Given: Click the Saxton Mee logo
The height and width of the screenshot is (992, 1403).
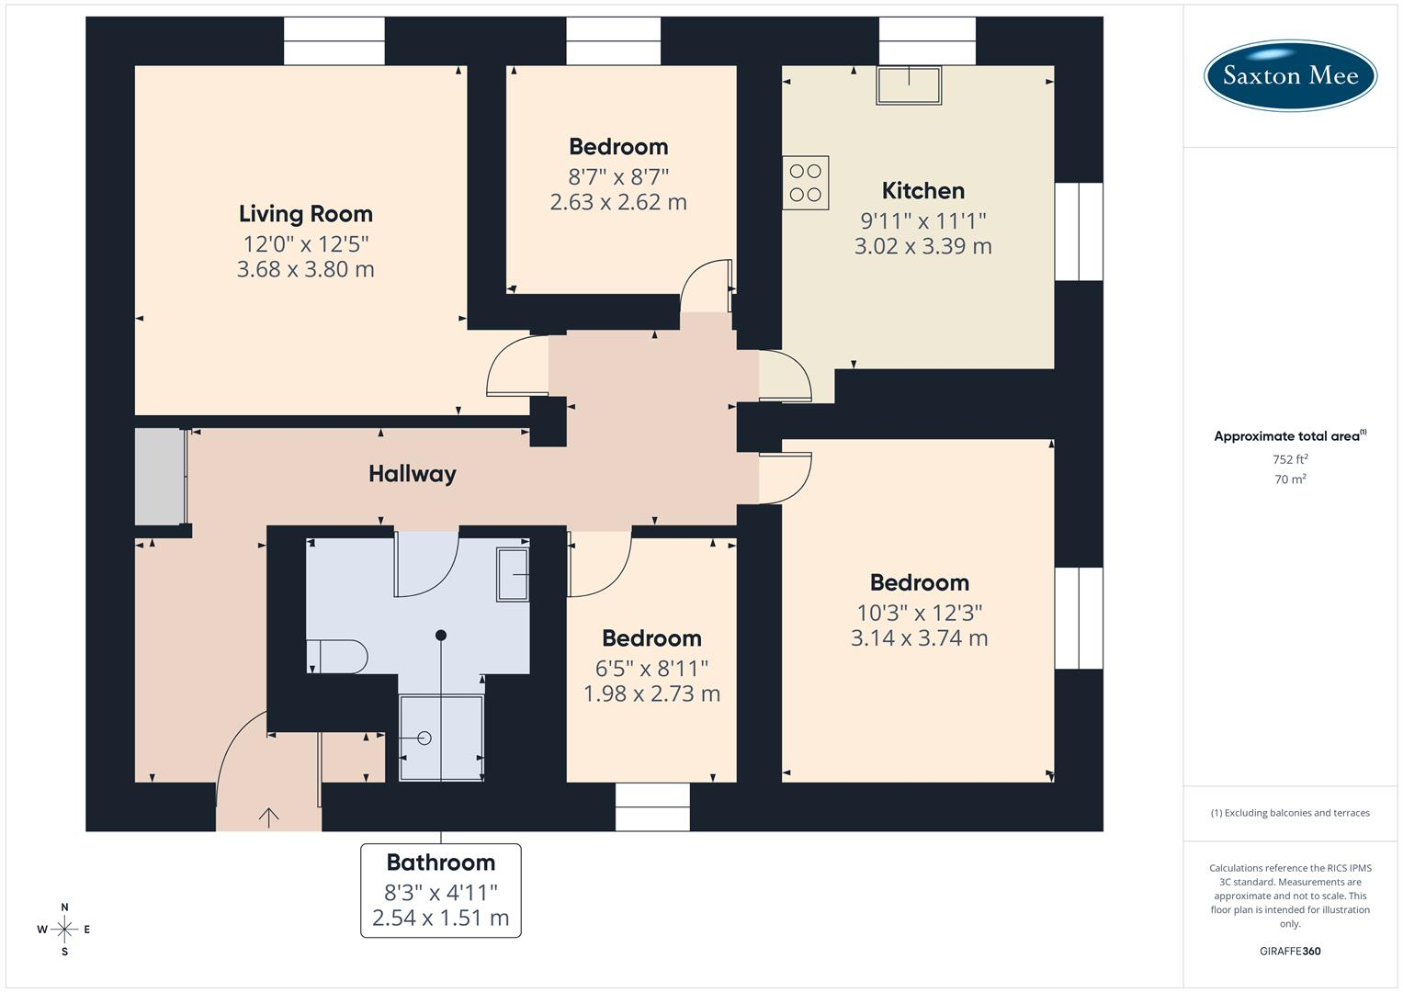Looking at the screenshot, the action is point(1290,75).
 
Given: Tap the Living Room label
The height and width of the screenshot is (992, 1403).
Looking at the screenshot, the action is point(306,214).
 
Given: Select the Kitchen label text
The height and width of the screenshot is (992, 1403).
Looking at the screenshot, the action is point(922,191).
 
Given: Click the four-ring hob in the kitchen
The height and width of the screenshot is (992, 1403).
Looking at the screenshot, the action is point(806,183).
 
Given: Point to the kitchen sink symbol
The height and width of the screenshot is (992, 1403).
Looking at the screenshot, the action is point(909,85).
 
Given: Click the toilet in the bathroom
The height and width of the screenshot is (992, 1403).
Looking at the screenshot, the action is point(337,657).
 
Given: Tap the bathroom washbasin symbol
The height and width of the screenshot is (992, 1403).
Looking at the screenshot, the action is point(513,574).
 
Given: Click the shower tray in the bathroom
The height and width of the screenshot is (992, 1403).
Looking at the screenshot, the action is point(442,738).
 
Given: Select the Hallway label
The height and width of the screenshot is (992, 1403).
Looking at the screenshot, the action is point(413,474).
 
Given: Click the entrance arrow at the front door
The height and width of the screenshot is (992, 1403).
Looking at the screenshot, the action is point(268,817).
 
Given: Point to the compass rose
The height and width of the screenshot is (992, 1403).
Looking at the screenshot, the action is point(64,930).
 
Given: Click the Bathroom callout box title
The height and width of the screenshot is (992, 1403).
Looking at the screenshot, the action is point(441,862).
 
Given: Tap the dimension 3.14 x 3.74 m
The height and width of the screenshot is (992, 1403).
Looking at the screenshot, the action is point(920,638).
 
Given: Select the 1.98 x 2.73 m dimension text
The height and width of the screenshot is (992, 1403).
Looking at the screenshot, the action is point(652,693).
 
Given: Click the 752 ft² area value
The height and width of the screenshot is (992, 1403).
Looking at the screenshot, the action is point(1290,459).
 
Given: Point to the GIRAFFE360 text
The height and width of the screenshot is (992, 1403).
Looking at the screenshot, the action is point(1290,952).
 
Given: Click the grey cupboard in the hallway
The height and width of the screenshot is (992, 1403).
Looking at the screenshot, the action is point(161,477).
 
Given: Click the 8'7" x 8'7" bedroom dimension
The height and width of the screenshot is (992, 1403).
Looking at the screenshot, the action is point(618,177).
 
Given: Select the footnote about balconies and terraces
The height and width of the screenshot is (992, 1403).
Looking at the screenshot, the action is point(1290,813).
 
